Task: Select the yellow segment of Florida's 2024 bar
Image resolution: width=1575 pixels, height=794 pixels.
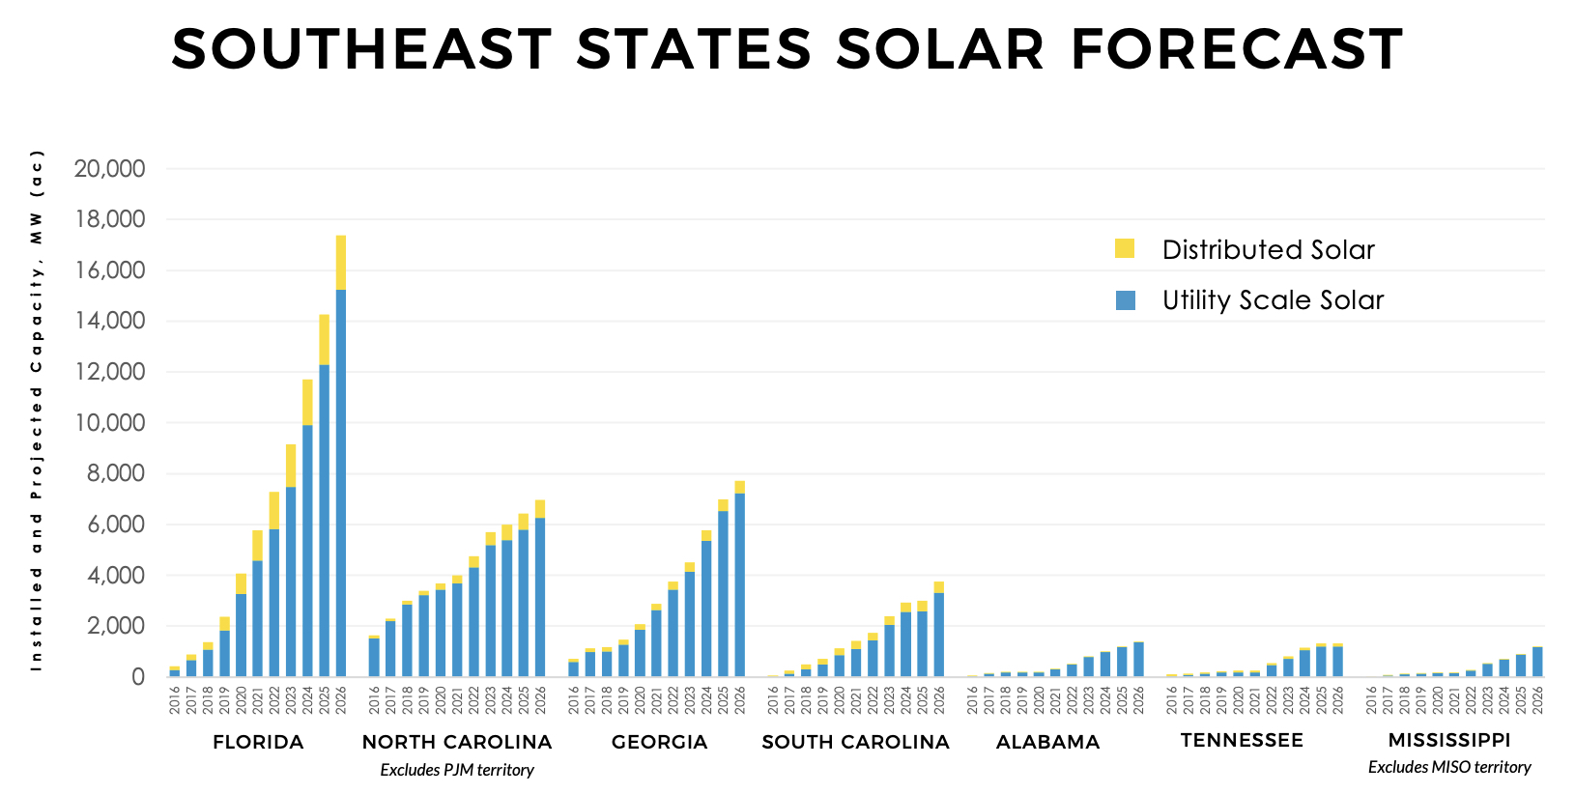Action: (307, 402)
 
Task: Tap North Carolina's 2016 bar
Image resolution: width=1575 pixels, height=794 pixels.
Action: (374, 657)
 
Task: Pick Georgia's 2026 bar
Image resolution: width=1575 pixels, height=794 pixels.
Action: (739, 584)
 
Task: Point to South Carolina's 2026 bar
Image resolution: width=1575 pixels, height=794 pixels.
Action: (938, 633)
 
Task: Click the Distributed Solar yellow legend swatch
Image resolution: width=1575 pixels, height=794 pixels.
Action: (1125, 248)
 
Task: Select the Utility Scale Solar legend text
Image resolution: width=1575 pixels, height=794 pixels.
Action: (1272, 300)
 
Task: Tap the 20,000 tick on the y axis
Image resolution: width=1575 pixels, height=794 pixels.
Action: (109, 169)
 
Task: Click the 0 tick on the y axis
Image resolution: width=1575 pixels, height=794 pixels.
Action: (138, 677)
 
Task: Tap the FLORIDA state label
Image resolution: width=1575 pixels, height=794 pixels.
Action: (258, 742)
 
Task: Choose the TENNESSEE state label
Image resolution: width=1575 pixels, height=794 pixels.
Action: (1242, 740)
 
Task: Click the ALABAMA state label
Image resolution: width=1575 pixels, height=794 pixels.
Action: (1047, 742)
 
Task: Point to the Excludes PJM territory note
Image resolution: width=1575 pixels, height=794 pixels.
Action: (456, 770)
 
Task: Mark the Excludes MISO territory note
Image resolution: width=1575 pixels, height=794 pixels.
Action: (1448, 767)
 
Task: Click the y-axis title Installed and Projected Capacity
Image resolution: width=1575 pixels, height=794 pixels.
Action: (37, 411)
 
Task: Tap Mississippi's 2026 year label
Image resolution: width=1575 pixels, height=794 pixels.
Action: (1537, 701)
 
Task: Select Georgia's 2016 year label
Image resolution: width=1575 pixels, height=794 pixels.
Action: (573, 701)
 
